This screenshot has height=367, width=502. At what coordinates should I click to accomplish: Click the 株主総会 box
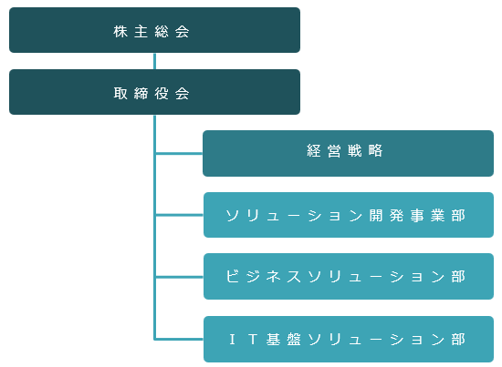click(154, 30)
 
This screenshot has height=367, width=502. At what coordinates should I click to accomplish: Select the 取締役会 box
click(154, 92)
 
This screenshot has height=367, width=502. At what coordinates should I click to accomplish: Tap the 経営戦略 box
click(348, 153)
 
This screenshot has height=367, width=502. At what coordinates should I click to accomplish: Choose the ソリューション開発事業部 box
click(349, 215)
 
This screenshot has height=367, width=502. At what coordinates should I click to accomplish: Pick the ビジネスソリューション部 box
click(349, 276)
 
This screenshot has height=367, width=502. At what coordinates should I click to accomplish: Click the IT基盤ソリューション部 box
click(349, 339)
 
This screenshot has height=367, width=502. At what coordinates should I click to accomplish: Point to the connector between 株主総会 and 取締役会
click(154, 61)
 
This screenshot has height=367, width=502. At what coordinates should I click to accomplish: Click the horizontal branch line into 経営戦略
click(179, 154)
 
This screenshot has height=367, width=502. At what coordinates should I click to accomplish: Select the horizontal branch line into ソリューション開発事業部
click(180, 215)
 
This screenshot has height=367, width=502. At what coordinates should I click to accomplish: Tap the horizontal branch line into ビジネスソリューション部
click(180, 277)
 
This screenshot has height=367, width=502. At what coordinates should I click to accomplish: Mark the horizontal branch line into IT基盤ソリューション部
click(180, 339)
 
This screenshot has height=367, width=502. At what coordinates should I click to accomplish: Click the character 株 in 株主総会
click(120, 32)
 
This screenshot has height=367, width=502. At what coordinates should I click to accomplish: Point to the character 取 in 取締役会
click(120, 94)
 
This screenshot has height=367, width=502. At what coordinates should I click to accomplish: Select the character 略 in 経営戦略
click(375, 150)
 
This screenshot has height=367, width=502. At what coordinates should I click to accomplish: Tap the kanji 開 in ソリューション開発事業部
click(376, 216)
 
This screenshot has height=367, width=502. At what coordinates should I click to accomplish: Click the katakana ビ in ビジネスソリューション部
click(233, 276)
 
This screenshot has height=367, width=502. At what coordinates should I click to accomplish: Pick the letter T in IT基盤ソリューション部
click(253, 339)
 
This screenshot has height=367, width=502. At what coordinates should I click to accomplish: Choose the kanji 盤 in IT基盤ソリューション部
click(294, 339)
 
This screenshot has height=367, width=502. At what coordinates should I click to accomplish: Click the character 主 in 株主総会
click(141, 32)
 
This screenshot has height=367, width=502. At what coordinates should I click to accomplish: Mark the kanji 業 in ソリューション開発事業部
click(437, 216)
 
